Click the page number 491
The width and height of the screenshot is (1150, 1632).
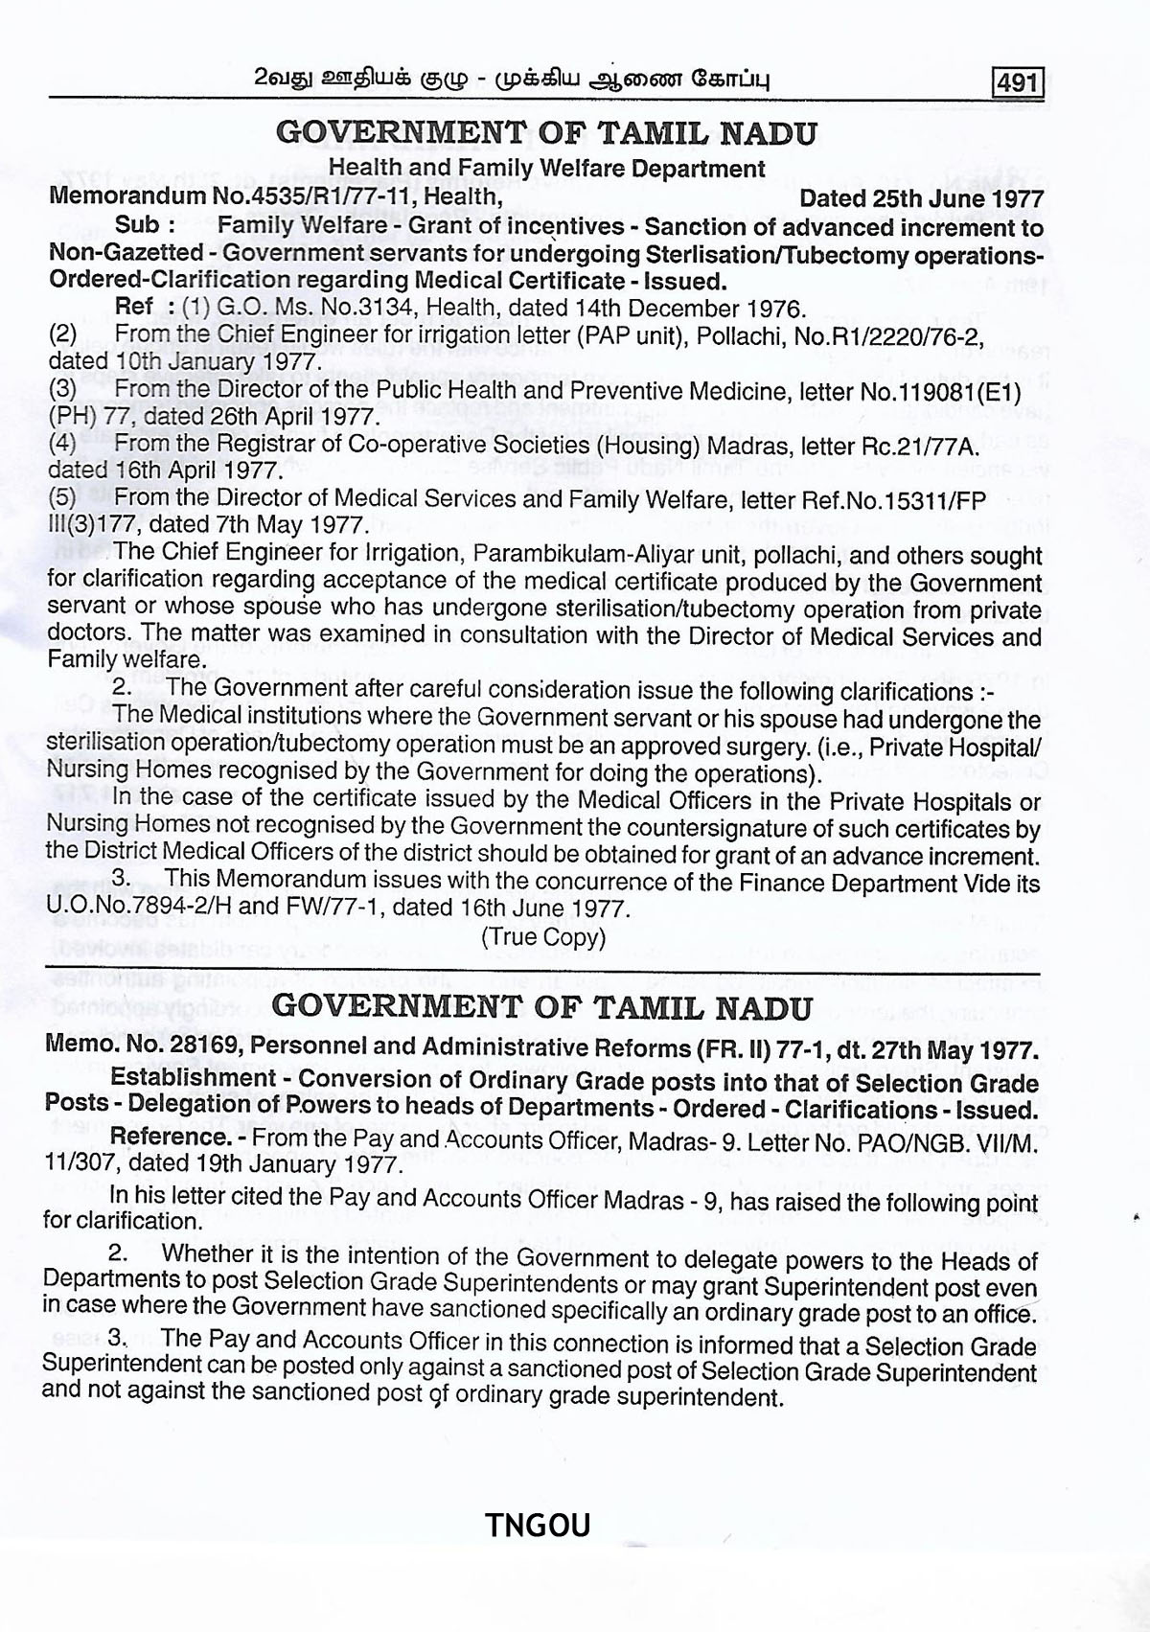[x=1018, y=81]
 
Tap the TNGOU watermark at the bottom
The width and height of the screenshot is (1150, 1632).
[x=538, y=1525]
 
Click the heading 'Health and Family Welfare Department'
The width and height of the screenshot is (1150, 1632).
[x=546, y=170]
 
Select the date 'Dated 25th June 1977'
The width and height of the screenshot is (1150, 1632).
[x=921, y=198]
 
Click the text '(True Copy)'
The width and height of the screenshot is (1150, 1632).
[x=543, y=936]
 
